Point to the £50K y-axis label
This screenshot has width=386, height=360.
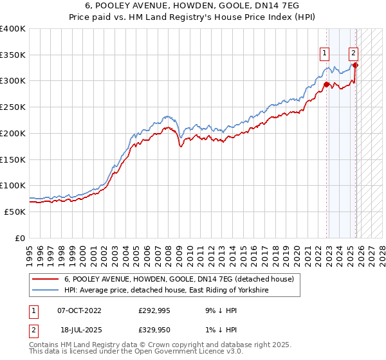pyautogui.click(x=15, y=212)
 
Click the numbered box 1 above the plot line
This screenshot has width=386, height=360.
pyautogui.click(x=325, y=53)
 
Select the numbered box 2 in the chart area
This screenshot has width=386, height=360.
pyautogui.click(x=354, y=53)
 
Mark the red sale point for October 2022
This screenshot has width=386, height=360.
pyautogui.click(x=326, y=84)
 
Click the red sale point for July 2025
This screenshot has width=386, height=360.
pyautogui.click(x=356, y=65)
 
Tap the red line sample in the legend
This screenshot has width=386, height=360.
pyautogui.click(x=45, y=279)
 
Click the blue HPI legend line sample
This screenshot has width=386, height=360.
pyautogui.click(x=45, y=291)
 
